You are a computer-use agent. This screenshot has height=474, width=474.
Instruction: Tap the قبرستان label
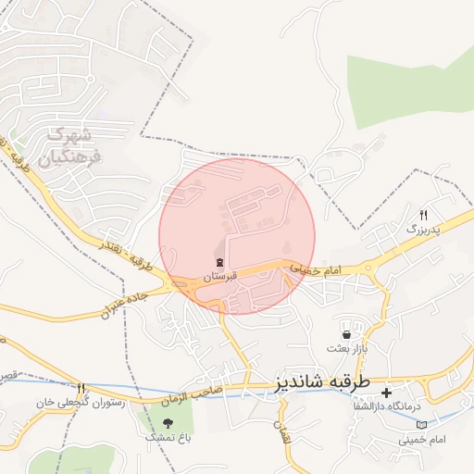pyautogui.click(x=220, y=277)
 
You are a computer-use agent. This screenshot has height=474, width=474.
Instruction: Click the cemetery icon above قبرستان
pyautogui.click(x=220, y=263)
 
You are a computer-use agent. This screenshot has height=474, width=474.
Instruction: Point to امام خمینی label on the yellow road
pyautogui.click(x=316, y=268)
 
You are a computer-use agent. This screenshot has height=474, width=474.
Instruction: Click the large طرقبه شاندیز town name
pyautogui.click(x=322, y=381)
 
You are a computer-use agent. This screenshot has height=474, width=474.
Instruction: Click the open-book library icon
pyautogui.click(x=423, y=424)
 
